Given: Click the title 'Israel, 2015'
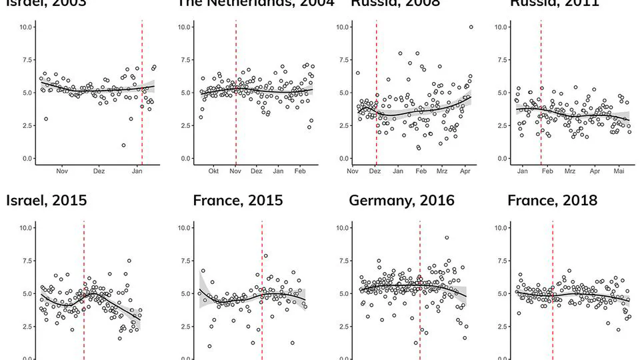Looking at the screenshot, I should pos(47,200).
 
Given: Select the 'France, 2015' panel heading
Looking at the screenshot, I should pos(237,200).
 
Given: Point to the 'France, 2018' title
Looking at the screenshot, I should pos(552,200).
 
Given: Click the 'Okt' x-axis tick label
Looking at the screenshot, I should pos(213,171).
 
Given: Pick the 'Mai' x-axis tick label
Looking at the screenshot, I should pos(619,171).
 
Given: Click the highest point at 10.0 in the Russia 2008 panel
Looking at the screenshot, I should pos(471,27).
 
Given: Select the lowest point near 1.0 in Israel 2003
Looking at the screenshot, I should pos(123,145).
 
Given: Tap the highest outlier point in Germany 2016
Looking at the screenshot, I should pos(447,237).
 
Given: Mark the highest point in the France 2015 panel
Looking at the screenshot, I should pos(265,255).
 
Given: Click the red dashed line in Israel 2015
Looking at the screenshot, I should pos(84,293).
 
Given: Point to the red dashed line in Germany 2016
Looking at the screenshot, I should pos(420,293).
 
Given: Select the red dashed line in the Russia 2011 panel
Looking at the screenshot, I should pos(541,93).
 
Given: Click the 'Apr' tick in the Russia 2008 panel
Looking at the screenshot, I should pos(465,171).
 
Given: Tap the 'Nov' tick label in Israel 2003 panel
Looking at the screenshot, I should pos(62,171).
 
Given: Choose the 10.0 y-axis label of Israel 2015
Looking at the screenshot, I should pos(26,227).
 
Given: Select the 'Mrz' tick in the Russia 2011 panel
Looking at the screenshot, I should pos(570,171).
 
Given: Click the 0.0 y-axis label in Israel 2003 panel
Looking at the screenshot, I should pos(26,159).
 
